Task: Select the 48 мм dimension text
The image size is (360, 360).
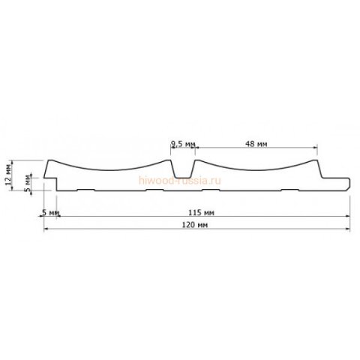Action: (x=257, y=142)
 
